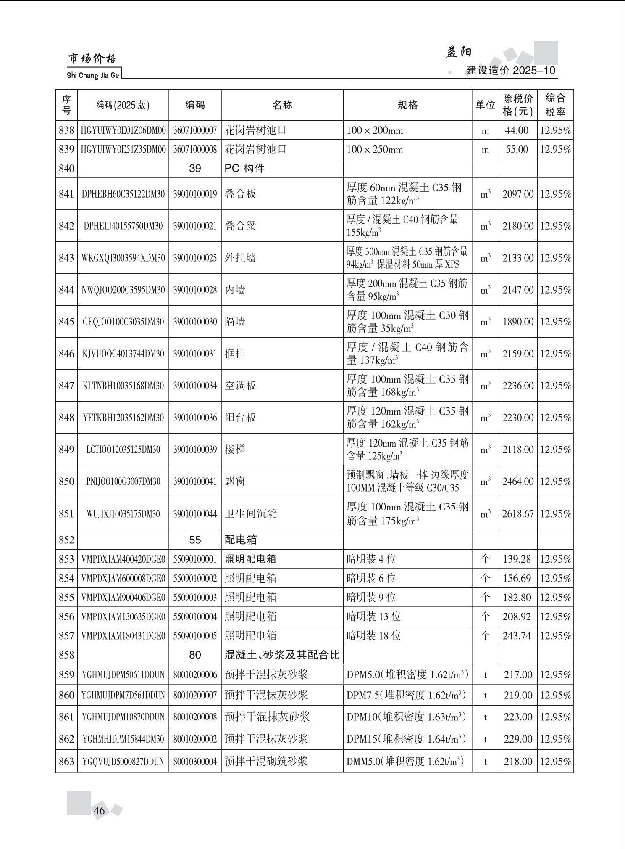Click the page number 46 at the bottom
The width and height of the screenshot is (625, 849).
tap(100, 810)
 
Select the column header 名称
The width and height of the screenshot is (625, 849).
tap(282, 105)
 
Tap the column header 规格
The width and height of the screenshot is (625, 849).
tap(407, 105)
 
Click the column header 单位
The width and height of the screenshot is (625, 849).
tap(485, 105)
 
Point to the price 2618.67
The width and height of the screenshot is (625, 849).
tap(518, 514)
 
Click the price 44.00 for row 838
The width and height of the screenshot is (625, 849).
tap(517, 130)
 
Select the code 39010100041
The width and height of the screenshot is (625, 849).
tap(195, 481)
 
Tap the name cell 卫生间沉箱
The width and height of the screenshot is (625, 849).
tap(251, 514)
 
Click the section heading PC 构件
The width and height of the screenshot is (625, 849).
tap(244, 169)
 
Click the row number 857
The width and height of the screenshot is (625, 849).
tap(66, 636)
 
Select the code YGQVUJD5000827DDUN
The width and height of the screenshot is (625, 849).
tap(123, 762)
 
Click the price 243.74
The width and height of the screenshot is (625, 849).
tap(517, 636)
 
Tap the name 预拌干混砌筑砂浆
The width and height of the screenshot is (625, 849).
tap(266, 762)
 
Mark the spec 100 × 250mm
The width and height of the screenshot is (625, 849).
tap(375, 150)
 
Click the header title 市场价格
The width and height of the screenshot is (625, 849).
tap(92, 59)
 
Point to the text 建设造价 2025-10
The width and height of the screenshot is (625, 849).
tap(511, 70)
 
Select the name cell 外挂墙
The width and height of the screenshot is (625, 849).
tap(240, 258)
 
